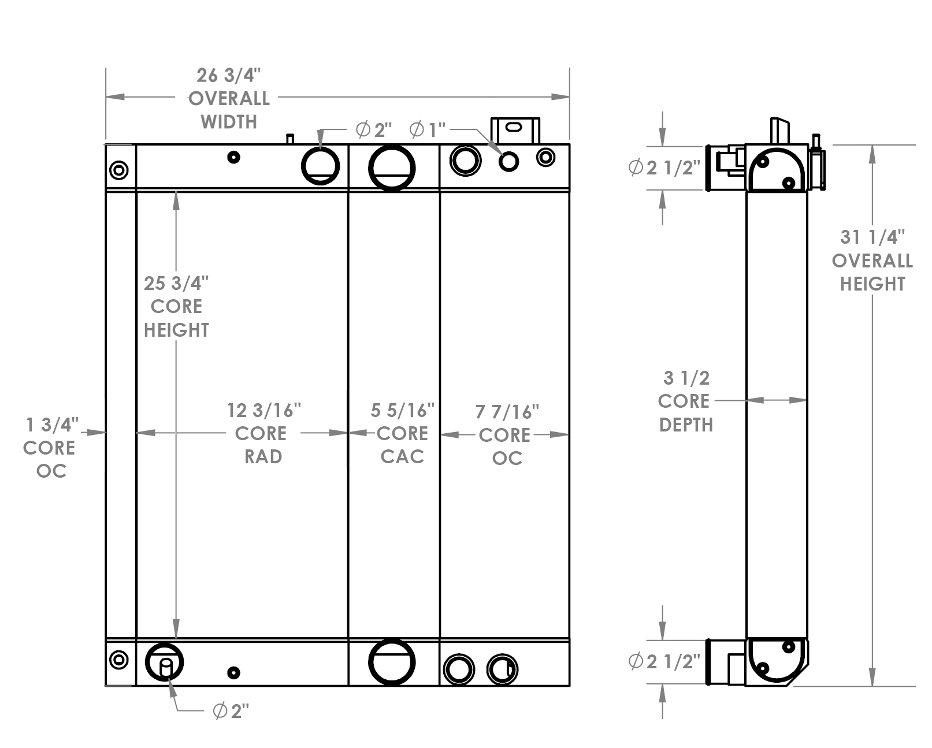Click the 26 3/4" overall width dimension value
tap(229, 75)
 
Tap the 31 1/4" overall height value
tap(872, 237)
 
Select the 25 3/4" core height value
tap(176, 283)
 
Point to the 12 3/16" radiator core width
tap(263, 411)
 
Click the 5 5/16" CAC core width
tap(402, 411)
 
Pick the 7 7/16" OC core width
tap(507, 412)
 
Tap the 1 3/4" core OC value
tap(51, 425)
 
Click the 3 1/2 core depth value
tap(686, 378)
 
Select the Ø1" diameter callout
tap(428, 130)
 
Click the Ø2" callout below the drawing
tap(231, 711)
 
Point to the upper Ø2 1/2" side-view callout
tap(664, 168)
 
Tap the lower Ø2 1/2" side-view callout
tap(664, 661)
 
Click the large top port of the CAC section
tap(392, 168)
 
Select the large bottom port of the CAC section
tap(392, 663)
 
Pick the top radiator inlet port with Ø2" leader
tap(320, 166)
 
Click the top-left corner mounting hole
tap(119, 170)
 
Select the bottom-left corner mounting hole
tap(119, 660)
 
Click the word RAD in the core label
tap(263, 457)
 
